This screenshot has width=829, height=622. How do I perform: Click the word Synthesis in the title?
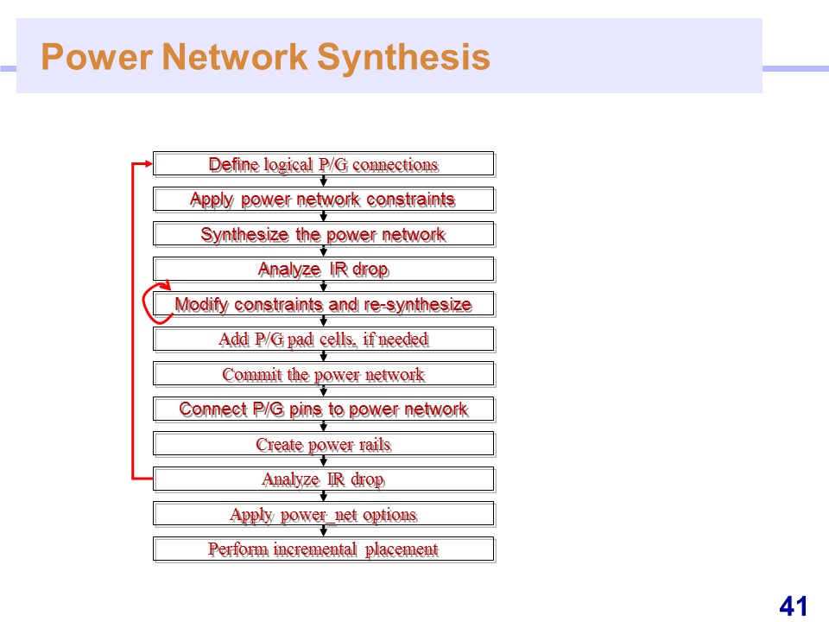coord(403,57)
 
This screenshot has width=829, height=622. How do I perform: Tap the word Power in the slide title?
coord(97,57)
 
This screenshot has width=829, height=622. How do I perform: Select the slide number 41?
coord(793,606)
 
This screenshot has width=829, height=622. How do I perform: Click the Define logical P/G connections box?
coord(324,164)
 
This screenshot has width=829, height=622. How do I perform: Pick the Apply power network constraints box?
coord(324,200)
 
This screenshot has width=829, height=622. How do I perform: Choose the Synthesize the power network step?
coord(324,234)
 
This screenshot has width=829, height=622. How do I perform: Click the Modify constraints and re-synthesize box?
coord(324,304)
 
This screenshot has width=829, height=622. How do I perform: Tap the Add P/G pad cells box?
coord(324,339)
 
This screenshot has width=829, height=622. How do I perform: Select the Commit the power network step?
coord(324,374)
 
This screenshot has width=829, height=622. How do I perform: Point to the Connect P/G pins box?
coord(324,409)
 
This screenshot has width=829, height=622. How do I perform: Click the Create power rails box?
coord(324,444)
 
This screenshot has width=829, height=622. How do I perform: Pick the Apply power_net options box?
coord(324,513)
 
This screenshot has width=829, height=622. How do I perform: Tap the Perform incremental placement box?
coord(324,549)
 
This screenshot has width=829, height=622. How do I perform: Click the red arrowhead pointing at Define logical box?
coord(149,164)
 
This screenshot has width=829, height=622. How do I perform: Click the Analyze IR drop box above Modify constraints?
coord(324,270)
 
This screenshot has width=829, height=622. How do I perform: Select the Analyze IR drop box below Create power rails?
coord(324,479)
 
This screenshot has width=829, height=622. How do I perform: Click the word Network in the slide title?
coord(235,57)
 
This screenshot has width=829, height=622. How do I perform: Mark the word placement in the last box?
coord(402,550)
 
